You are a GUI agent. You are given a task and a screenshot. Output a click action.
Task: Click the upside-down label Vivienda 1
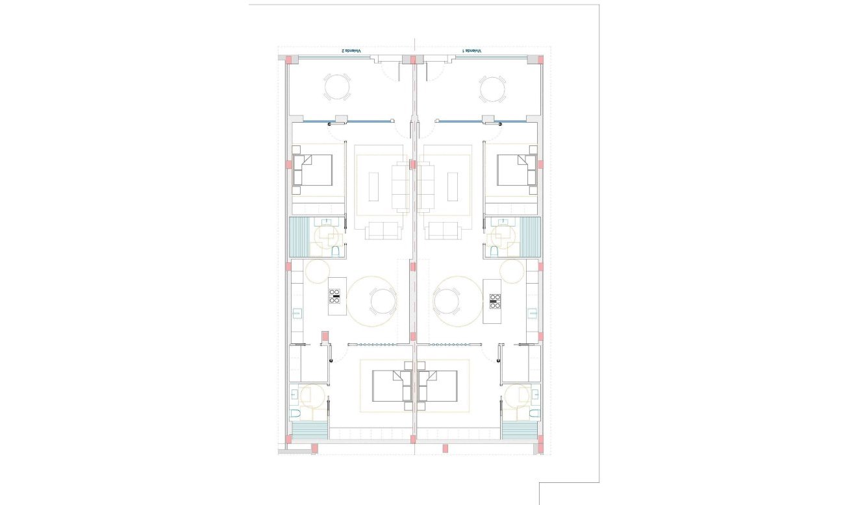[472, 51]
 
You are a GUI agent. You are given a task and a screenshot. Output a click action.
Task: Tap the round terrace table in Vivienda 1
[492, 89]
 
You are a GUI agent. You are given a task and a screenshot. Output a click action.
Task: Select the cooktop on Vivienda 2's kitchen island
[334, 296]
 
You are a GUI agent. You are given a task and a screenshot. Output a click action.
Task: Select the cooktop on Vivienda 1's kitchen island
[495, 299]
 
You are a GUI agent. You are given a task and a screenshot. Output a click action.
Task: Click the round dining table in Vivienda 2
[381, 301]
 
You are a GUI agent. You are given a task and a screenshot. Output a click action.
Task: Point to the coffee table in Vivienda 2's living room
[374, 186]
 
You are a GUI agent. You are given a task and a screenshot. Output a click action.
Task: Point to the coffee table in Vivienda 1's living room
[453, 186]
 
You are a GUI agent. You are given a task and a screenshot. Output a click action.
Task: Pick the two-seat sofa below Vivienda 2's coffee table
[382, 230]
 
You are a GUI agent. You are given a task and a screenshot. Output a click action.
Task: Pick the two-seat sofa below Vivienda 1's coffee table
[444, 230]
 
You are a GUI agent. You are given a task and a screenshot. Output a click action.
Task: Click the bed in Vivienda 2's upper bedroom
[313, 170]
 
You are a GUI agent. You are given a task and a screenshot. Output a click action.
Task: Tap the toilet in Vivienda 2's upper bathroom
[335, 251]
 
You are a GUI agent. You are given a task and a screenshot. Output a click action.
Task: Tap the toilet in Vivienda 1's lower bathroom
[533, 412]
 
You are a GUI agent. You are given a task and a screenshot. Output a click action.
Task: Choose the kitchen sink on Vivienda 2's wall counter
[296, 314]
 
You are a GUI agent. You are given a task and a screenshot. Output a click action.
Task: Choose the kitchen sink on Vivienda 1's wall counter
[533, 314]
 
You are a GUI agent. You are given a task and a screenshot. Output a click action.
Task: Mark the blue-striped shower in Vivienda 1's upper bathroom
[530, 237]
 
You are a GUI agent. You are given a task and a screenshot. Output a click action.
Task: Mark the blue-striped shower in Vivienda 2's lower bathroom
[309, 430]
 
